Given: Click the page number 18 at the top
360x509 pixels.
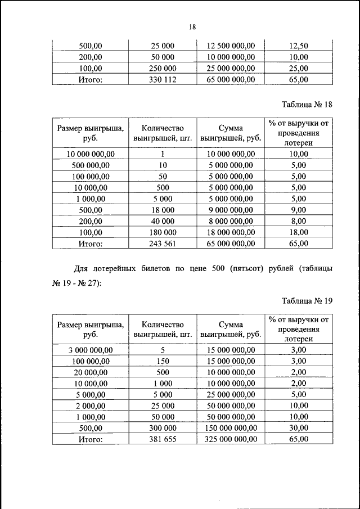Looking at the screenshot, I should coord(192,26).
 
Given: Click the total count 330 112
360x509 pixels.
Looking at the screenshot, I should coord(163,80).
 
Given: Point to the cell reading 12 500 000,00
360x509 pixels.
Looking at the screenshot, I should coord(231,46).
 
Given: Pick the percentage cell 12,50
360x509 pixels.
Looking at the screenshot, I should coord(298,46).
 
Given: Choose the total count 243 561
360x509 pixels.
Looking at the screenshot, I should coord(163,244).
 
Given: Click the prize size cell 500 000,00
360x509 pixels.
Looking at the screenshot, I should coord(91,165).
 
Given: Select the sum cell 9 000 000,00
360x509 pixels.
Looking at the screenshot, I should coord(231,210).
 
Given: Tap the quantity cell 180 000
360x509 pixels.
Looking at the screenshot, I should coord(163,232).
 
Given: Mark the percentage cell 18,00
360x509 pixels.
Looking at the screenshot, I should coord(298,232).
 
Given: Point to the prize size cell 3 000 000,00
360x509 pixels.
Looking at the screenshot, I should coord(91,350).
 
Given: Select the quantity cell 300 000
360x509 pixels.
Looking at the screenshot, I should coord(163,428).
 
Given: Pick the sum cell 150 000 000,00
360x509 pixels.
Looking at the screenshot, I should coord(231,428).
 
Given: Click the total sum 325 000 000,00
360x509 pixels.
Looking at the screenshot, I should coord(231,439).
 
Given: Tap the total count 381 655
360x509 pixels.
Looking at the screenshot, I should coord(163,439).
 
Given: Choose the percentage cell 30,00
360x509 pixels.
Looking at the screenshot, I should coord(298,428).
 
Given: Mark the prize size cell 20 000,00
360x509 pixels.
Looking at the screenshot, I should coord(91,372).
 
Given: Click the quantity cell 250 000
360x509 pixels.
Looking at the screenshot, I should coord(163,69).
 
